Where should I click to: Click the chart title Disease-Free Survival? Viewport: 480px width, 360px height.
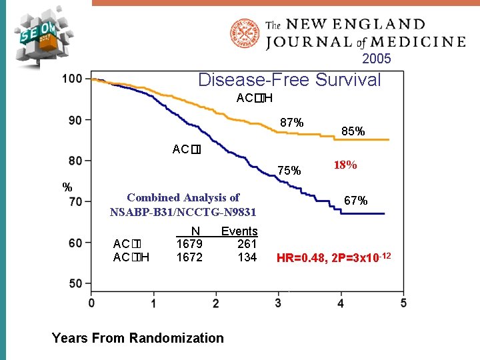[289, 81]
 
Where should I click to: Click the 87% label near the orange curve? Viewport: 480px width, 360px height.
[292, 123]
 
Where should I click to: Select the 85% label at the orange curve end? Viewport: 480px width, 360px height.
[353, 131]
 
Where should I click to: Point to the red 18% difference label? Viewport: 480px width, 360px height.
[345, 165]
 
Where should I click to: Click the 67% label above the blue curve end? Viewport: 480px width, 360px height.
[355, 200]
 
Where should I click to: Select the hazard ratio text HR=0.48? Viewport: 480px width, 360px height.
[302, 258]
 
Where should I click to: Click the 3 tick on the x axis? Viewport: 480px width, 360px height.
[278, 303]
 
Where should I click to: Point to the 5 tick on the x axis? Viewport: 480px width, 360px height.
[403, 303]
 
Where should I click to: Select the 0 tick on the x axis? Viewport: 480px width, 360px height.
[91, 303]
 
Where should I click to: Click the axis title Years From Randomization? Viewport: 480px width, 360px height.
[137, 338]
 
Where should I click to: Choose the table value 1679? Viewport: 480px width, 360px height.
[189, 244]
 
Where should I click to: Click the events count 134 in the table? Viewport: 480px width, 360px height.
[247, 257]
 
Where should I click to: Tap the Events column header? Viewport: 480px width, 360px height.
[239, 231]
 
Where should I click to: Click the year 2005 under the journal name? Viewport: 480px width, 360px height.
[377, 59]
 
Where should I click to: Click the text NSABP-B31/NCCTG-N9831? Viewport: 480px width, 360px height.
[183, 212]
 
